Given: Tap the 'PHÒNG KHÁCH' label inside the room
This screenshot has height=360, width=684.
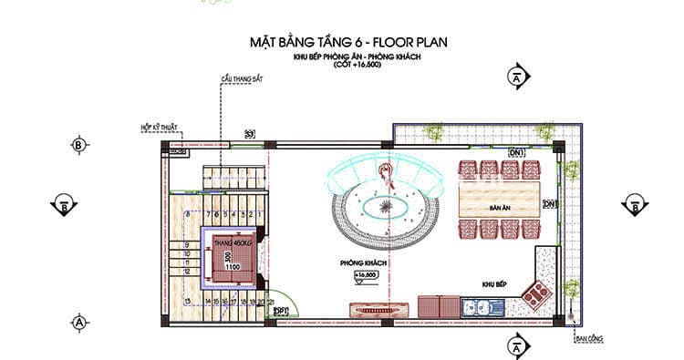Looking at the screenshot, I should pos(365,262).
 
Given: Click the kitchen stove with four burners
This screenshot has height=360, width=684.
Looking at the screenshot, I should pos(534,293).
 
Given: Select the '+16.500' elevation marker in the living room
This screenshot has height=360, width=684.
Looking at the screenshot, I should pos(365,274).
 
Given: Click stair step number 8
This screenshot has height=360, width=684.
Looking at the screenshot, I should pos(187,213).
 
